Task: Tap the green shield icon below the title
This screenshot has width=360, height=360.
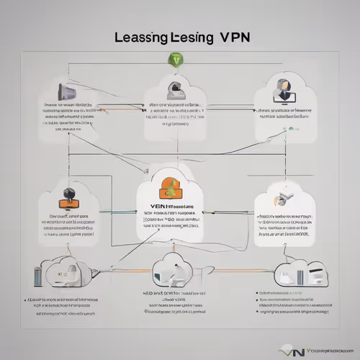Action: coord(177,62)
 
